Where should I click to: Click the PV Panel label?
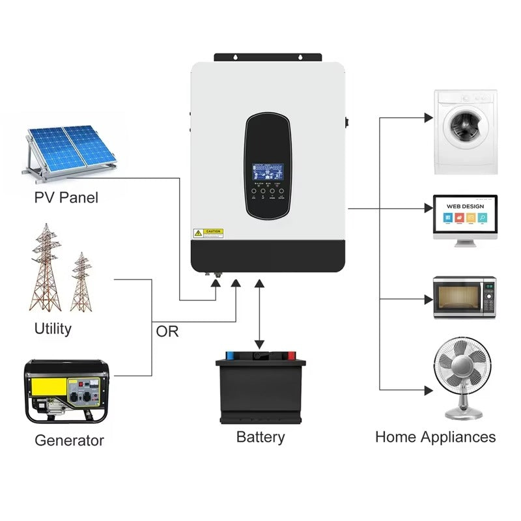66,197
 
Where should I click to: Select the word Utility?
53,328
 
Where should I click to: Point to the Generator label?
69,440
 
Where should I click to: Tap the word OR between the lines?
167,331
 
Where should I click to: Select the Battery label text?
260,436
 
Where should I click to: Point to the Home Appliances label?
435,436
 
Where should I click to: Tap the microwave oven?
465,296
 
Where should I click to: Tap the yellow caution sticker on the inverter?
208,232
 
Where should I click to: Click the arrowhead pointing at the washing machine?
428,118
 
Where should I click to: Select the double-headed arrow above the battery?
260,313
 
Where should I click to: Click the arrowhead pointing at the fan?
428,390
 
